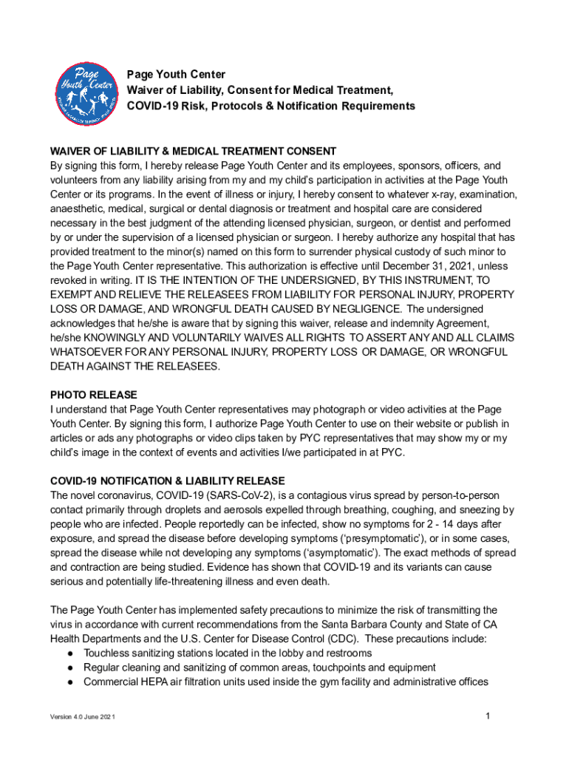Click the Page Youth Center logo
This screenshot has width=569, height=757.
[86, 91]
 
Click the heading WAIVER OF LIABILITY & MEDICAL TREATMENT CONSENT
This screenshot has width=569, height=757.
[193, 152]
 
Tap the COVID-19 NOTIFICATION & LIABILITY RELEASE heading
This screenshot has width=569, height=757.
[167, 481]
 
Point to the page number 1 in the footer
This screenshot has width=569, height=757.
[488, 716]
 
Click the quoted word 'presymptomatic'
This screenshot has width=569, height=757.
[382, 538]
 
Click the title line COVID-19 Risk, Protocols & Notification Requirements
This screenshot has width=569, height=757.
[271, 106]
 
